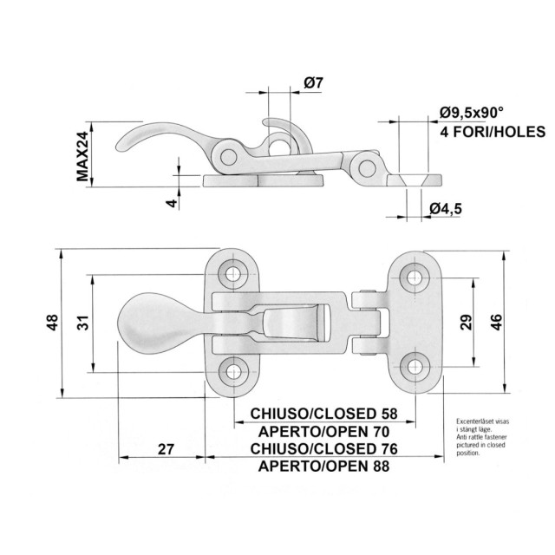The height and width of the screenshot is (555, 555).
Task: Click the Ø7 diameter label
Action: (313, 83)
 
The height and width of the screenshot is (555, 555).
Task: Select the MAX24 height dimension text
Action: (83, 156)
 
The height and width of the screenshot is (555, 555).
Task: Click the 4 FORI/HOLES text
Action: (492, 133)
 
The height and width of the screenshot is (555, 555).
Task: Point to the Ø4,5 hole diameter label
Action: (445, 207)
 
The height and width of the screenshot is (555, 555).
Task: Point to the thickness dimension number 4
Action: (172, 202)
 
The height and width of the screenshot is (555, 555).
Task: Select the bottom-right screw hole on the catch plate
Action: (415, 365)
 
